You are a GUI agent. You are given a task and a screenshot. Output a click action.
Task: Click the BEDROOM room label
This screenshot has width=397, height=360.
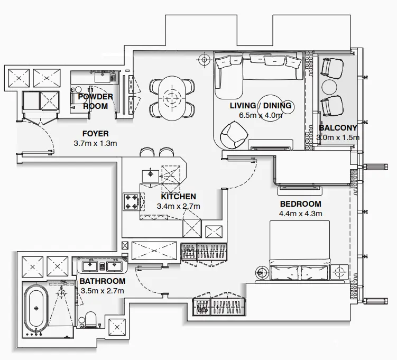[300, 204]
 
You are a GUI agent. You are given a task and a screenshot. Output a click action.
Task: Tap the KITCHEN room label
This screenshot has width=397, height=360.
[178, 197]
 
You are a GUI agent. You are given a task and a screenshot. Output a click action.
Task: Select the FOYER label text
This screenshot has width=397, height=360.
[95, 134]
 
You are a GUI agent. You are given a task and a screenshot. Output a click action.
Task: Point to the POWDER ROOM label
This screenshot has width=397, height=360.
[96, 101]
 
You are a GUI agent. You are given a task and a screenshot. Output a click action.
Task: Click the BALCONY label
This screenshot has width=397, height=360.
[338, 128]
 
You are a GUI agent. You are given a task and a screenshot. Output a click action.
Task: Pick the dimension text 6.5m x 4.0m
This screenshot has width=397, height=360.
[260, 115]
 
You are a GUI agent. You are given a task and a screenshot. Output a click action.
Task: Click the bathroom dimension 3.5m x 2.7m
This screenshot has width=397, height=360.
[102, 291]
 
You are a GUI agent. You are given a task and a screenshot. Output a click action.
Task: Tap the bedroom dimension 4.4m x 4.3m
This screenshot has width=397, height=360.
[300, 214]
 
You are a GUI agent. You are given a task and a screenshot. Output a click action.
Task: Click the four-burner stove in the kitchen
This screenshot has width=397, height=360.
[131, 201]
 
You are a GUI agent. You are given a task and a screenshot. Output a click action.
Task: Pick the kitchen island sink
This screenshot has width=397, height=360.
[150, 174]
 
